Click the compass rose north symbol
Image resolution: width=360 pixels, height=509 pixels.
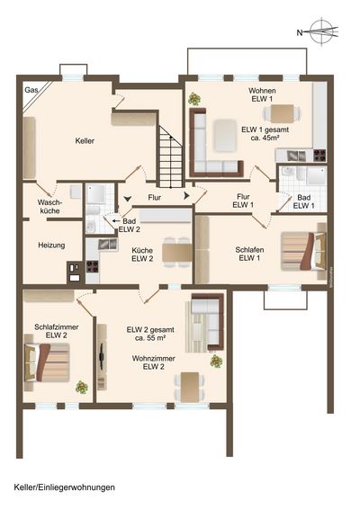[321, 31]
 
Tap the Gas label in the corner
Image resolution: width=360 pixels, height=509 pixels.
[31, 90]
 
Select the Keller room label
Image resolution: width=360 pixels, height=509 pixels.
[85, 141]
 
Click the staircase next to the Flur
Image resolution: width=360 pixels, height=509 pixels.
[171, 156]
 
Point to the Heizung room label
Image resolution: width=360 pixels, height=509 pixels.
[51, 246]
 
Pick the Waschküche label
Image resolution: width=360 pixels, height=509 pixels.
[49, 207]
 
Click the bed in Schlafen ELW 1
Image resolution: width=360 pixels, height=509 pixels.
[303, 251]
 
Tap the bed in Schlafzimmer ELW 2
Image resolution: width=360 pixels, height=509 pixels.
[47, 362]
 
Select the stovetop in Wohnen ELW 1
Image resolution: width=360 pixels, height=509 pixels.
[319, 155]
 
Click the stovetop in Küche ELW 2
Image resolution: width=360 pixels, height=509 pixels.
[93, 266]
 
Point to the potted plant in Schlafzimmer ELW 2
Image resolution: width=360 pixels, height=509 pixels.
[82, 387]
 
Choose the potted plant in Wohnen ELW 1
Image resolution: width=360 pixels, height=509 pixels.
[194, 99]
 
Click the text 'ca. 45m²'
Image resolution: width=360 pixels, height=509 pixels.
[265, 138]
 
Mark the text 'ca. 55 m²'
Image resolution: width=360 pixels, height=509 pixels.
[150, 337]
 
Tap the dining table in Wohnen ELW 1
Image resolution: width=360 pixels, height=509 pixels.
[283, 114]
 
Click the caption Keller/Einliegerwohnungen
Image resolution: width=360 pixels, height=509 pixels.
[64, 487]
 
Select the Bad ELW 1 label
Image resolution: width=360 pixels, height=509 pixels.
[304, 201]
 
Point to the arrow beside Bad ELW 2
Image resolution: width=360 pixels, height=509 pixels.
[116, 221]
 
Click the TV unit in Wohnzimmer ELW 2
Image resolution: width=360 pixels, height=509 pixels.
[102, 357]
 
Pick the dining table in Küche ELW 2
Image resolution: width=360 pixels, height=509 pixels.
[177, 252]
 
